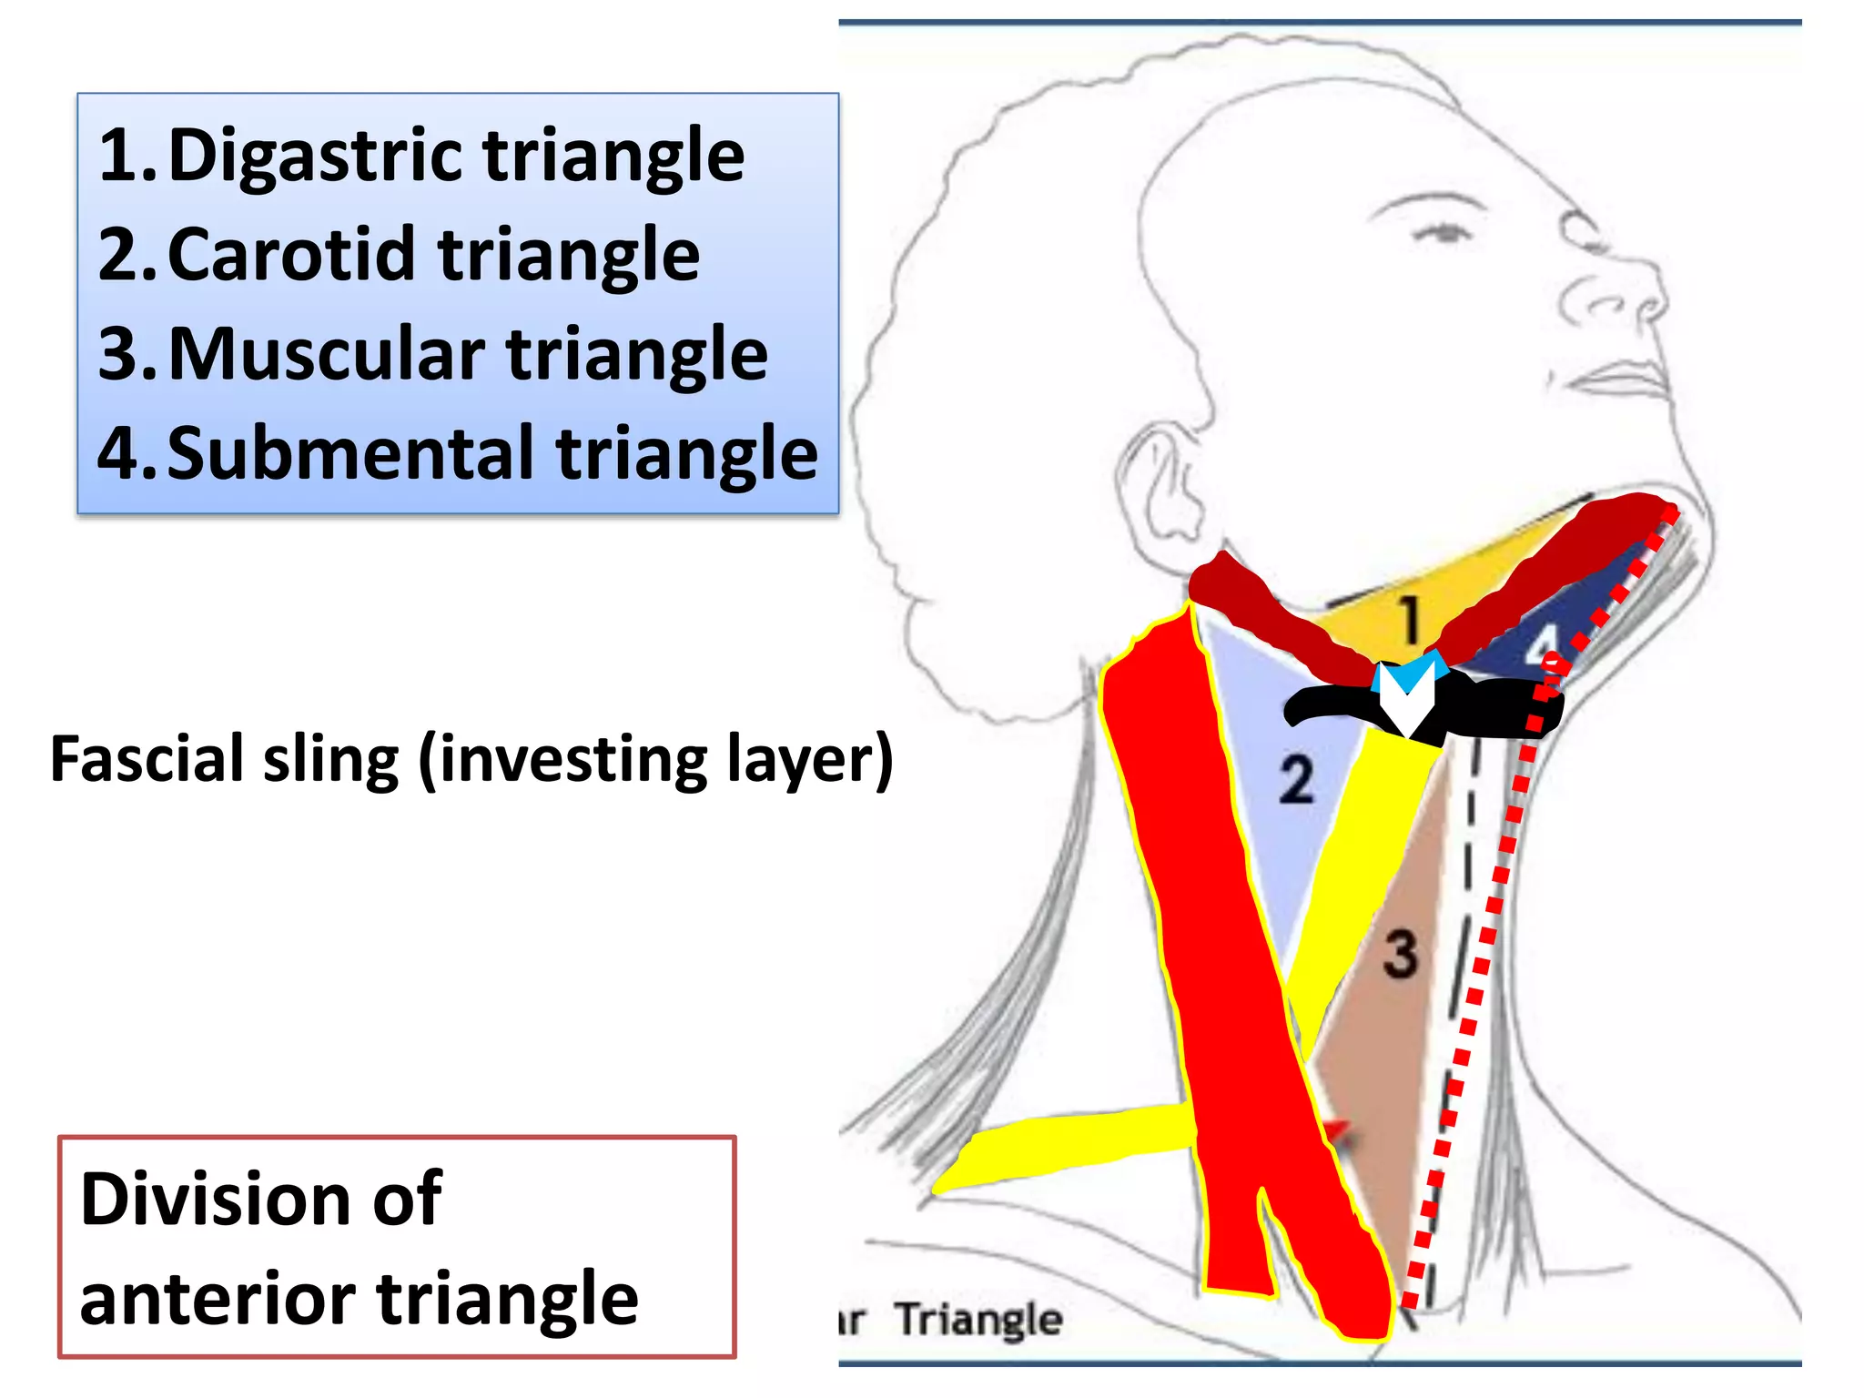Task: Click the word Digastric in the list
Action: coord(319,157)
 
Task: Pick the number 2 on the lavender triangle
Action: coord(1296,780)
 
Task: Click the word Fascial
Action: coord(147,759)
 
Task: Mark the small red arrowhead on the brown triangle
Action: coord(1340,1132)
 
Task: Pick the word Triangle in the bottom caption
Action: coord(978,1320)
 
